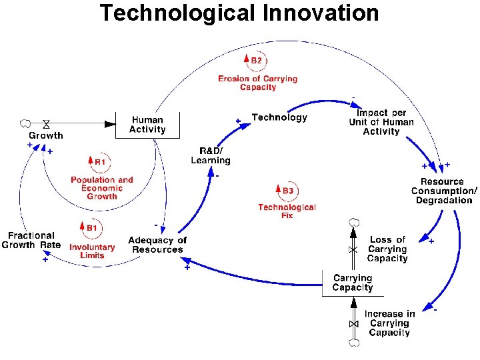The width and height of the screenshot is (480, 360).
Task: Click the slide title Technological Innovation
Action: (239, 13)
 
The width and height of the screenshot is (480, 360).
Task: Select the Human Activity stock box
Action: (147, 125)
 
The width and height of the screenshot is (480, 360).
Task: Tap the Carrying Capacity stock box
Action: (353, 283)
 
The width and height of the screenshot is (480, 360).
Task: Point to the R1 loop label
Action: (99, 161)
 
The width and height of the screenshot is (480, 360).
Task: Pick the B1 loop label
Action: (91, 228)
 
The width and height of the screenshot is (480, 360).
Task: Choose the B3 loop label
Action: (287, 191)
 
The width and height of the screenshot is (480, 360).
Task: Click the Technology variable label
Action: (279, 117)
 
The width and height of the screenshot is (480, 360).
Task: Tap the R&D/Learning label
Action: (211, 155)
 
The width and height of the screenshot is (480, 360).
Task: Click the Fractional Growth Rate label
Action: (31, 240)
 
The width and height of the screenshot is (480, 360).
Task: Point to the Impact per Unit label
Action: (381, 122)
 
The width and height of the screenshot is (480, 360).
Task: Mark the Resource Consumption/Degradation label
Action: (444, 191)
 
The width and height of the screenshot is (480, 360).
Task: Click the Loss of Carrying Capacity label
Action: (387, 249)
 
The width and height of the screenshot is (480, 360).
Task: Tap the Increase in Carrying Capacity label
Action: (389, 323)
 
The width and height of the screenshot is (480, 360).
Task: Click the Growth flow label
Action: (46, 135)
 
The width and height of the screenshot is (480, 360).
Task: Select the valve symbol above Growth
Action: (46, 123)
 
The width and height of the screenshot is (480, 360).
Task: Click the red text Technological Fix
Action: (287, 211)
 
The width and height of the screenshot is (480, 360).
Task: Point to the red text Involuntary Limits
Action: (92, 251)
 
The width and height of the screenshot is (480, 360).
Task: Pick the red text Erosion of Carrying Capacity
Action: (257, 83)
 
